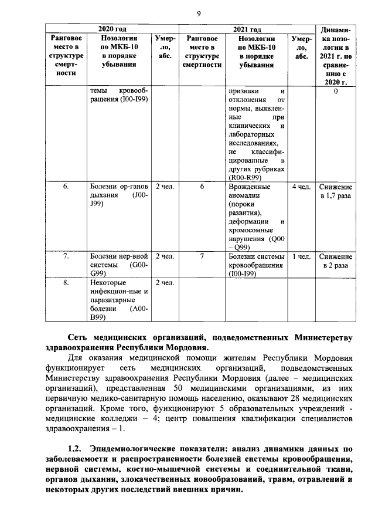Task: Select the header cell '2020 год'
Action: pos(112,29)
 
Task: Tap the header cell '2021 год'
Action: pos(246,29)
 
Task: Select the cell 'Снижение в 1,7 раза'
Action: pos(336,191)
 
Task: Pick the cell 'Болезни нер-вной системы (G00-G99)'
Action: pos(119,265)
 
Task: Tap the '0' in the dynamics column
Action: pos(336,92)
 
